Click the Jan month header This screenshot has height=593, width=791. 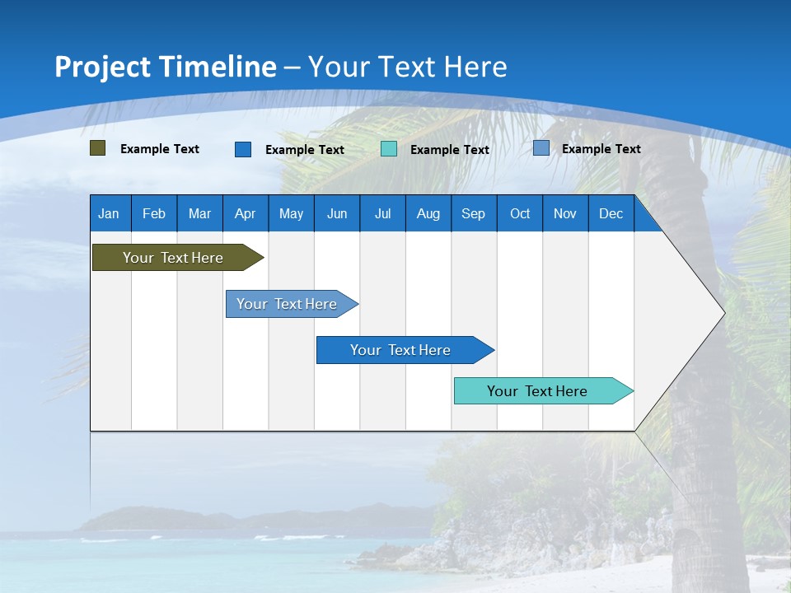[109, 213]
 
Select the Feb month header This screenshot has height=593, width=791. [154, 213]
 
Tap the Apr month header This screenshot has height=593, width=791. [245, 213]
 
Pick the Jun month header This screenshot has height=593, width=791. [337, 213]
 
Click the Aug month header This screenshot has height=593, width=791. [428, 213]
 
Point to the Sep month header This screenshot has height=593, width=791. [473, 213]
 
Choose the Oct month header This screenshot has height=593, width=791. [520, 213]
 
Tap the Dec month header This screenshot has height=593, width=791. [611, 213]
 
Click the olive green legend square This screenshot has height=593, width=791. [98, 148]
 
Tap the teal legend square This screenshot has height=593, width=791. [389, 149]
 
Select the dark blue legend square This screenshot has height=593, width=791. [243, 149]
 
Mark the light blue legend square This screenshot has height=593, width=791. [541, 148]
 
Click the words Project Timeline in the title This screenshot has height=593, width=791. [165, 67]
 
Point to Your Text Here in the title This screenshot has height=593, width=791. [407, 67]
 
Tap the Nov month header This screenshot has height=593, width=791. [565, 213]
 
